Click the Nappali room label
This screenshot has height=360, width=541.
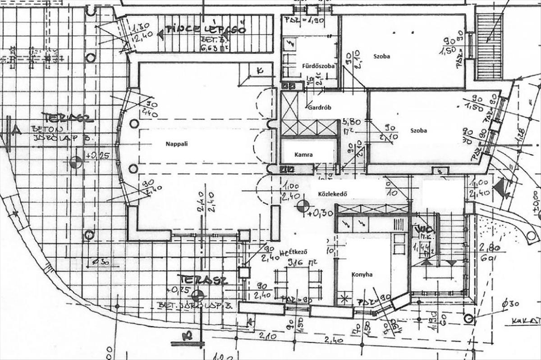(x=175, y=144)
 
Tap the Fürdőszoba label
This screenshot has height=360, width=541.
(x=318, y=66)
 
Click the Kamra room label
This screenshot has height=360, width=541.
(x=303, y=154)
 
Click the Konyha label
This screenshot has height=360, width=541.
(x=362, y=274)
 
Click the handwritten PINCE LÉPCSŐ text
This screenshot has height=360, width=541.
(x=206, y=30)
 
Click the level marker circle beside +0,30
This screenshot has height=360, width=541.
(x=303, y=206)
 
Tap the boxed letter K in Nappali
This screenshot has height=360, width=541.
(x=259, y=70)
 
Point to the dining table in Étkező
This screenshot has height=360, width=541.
(x=298, y=282)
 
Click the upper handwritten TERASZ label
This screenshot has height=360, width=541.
(x=67, y=118)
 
